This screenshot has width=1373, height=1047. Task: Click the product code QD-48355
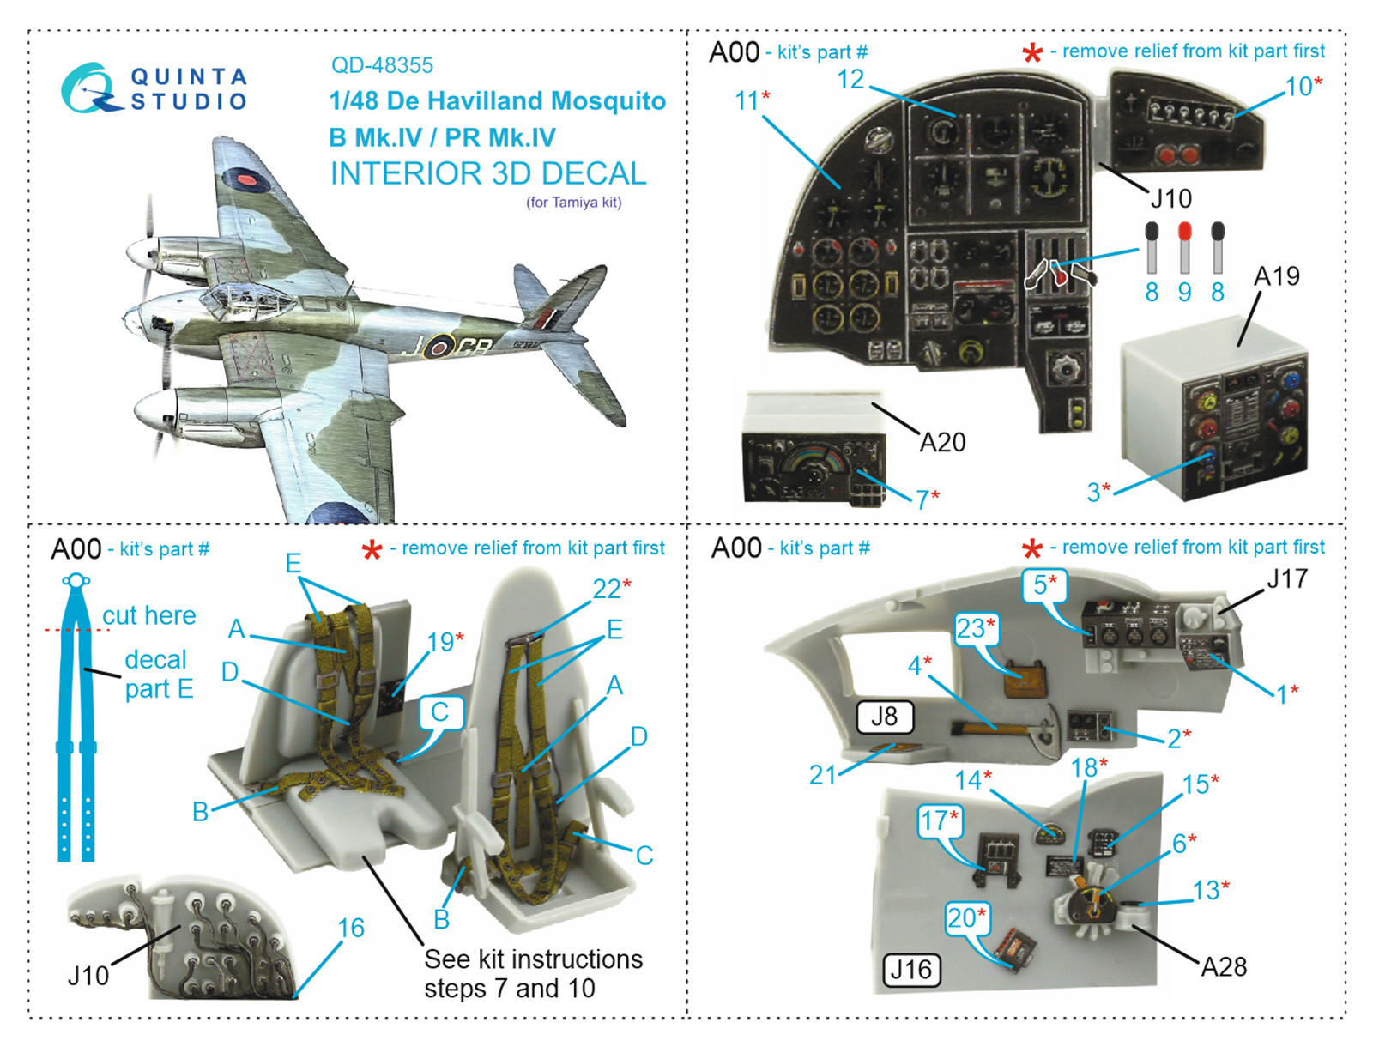click(382, 65)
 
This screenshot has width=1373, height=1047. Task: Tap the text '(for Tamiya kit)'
click(573, 203)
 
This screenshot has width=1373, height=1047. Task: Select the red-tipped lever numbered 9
click(1184, 248)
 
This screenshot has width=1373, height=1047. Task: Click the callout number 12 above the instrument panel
click(850, 80)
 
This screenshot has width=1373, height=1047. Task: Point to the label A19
click(1276, 276)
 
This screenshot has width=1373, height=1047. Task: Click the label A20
click(942, 442)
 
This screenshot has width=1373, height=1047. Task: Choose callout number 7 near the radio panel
click(923, 499)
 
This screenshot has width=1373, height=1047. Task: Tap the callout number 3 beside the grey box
click(1094, 492)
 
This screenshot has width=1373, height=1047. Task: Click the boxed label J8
click(884, 717)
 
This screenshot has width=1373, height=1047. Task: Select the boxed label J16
click(911, 970)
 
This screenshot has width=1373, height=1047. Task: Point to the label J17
click(1287, 579)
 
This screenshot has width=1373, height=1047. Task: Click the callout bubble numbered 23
click(976, 628)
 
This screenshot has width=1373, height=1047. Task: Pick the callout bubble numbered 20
click(966, 918)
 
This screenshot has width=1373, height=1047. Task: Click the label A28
click(1223, 967)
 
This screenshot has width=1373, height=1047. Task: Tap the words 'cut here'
click(148, 615)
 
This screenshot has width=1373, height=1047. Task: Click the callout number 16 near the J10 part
click(351, 928)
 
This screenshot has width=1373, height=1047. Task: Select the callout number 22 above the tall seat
click(607, 589)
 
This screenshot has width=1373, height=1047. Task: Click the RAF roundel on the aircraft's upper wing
click(243, 178)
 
